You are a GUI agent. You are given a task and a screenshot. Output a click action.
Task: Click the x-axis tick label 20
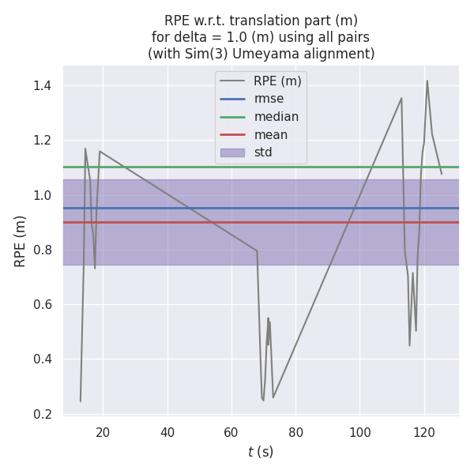pyautogui.click(x=103, y=432)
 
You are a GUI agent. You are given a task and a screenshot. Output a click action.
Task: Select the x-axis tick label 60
pyautogui.click(x=231, y=432)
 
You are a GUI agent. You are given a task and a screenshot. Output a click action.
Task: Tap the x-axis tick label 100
pyautogui.click(x=359, y=432)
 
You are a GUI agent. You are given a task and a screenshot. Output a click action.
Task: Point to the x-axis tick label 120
pyautogui.click(x=424, y=432)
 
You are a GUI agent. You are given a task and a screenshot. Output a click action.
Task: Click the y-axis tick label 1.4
pyautogui.click(x=43, y=85)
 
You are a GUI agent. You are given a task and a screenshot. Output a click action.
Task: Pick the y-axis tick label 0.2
pyautogui.click(x=43, y=414)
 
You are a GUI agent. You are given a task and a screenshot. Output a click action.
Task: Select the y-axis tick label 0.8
pyautogui.click(x=43, y=250)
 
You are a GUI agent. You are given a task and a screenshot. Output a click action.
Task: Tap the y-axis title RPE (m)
pyautogui.click(x=21, y=240)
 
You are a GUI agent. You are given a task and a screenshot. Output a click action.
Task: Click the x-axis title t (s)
pyautogui.click(x=261, y=452)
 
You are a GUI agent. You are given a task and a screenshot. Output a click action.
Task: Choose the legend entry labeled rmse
pyautogui.click(x=269, y=99)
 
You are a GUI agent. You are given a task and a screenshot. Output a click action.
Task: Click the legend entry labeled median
pyautogui.click(x=276, y=117)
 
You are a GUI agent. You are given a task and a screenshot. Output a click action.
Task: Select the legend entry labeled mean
pyautogui.click(x=270, y=135)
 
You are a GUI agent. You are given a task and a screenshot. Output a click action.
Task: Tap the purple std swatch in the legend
pyautogui.click(x=232, y=152)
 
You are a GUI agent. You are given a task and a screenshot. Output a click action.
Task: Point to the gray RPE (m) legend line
pyautogui.click(x=232, y=81)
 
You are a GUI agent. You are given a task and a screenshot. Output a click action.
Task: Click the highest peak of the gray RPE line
pyautogui.click(x=427, y=81)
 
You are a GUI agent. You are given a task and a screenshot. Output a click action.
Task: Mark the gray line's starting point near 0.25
pyautogui.click(x=81, y=401)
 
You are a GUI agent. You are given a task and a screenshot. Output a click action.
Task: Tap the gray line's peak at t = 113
pyautogui.click(x=401, y=98)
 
